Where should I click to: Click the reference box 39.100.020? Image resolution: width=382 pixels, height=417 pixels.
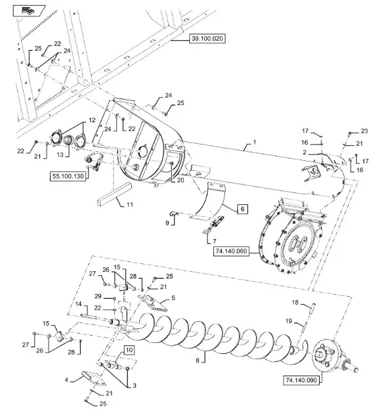click(x=207, y=39)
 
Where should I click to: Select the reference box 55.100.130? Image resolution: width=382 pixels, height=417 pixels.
click(x=68, y=176)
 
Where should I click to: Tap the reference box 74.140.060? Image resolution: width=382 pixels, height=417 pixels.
click(x=231, y=251)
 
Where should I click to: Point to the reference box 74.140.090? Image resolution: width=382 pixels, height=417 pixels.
click(x=301, y=380)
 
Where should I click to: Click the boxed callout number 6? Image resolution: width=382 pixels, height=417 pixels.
click(x=242, y=209)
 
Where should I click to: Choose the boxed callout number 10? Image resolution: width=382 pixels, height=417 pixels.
click(x=129, y=350)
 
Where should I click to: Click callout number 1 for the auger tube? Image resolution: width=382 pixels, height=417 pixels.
click(x=255, y=142)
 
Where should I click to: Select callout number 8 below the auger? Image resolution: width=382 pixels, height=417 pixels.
click(x=198, y=361)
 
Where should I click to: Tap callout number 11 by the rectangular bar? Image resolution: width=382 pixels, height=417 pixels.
click(x=130, y=204)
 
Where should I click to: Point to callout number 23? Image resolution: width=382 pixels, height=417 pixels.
click(x=364, y=131)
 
